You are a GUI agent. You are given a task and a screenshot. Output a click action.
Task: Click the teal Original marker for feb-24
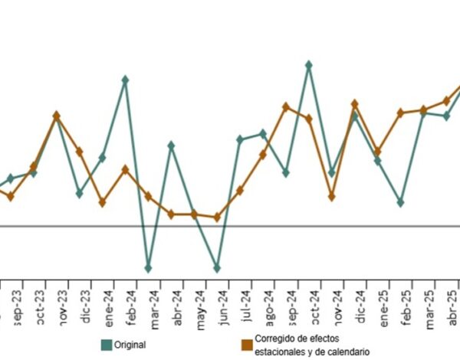coord(125,79)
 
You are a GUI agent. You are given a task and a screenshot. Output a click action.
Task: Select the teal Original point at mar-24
coord(148,268)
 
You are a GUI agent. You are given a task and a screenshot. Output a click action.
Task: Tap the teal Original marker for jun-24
coord(217,268)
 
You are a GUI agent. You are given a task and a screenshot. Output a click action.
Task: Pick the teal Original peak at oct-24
coord(308,65)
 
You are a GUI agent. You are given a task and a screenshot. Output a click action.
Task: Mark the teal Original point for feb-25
coord(400,202)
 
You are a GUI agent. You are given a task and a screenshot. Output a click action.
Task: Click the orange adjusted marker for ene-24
coord(102,202)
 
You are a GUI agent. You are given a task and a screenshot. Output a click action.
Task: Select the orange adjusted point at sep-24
coord(285,106)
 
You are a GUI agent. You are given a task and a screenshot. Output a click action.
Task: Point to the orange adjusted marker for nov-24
coord(331,197)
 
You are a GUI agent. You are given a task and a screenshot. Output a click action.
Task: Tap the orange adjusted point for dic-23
coord(80,152)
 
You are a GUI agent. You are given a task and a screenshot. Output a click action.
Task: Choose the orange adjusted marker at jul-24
coord(240,190)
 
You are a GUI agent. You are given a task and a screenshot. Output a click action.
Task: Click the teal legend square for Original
coord(106,345)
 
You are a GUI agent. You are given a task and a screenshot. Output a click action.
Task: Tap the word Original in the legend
coord(130,345)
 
